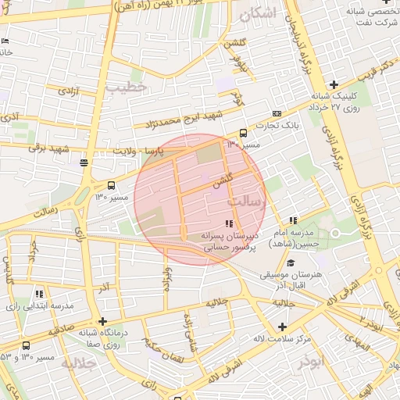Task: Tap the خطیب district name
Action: coord(127,87)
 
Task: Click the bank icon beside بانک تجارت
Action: coord(277,113)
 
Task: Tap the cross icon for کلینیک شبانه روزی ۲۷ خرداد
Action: coord(334,84)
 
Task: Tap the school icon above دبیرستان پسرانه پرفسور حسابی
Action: coord(228,223)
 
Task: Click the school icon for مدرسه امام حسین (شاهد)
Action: coord(292,221)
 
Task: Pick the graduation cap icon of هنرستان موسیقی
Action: coord(291,263)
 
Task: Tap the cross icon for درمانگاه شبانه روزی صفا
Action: coord(102,321)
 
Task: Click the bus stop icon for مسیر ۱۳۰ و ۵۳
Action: coord(27,345)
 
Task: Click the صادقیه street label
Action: coord(59,328)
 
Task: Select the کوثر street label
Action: coord(237,98)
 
